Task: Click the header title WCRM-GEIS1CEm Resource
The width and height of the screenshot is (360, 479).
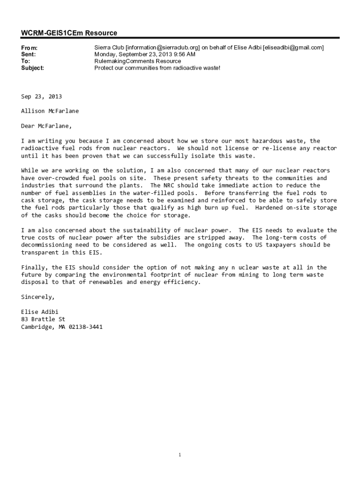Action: [x=69, y=33]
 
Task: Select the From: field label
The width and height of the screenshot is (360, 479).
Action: [x=29, y=48]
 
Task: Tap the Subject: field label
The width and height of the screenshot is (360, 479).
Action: [x=33, y=68]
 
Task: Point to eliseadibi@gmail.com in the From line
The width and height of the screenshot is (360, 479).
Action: [x=293, y=48]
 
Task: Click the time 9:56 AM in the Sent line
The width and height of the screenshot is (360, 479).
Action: [x=184, y=55]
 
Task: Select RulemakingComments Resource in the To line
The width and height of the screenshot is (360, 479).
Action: [x=137, y=61]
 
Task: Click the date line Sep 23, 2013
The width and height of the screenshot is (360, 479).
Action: [x=41, y=96]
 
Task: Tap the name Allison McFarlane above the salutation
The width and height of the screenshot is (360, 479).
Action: [x=50, y=111]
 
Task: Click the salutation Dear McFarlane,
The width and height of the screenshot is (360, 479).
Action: [x=47, y=126]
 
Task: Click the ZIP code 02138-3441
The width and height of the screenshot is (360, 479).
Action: [x=86, y=327]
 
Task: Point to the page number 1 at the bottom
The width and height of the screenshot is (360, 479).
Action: [x=180, y=455]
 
